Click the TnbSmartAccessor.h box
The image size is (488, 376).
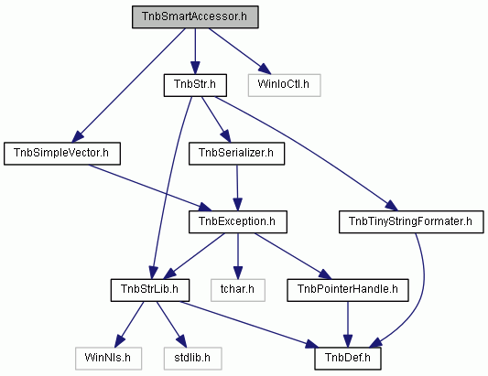tap(195, 16)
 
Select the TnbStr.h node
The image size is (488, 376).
tap(195, 85)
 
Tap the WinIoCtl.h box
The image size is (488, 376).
tap(284, 85)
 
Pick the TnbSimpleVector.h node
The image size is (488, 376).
tap(62, 154)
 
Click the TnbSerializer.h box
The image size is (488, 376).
tap(236, 154)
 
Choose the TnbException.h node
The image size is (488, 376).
tap(238, 221)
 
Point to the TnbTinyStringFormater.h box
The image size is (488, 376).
tap(411, 221)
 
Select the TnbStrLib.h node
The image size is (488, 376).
tap(150, 290)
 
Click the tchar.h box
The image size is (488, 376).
tap(238, 290)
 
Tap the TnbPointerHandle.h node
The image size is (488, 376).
tap(348, 290)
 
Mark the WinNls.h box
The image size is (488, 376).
tap(108, 359)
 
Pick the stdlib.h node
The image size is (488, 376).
tap(193, 359)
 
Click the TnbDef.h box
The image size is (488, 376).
tap(348, 359)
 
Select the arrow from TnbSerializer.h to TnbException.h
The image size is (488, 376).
tap(237, 188)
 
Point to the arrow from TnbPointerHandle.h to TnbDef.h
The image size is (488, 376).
tap(348, 324)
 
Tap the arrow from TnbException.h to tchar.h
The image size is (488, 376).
tap(238, 256)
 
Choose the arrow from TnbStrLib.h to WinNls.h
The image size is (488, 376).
tap(129, 324)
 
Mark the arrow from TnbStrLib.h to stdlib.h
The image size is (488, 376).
tap(171, 324)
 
